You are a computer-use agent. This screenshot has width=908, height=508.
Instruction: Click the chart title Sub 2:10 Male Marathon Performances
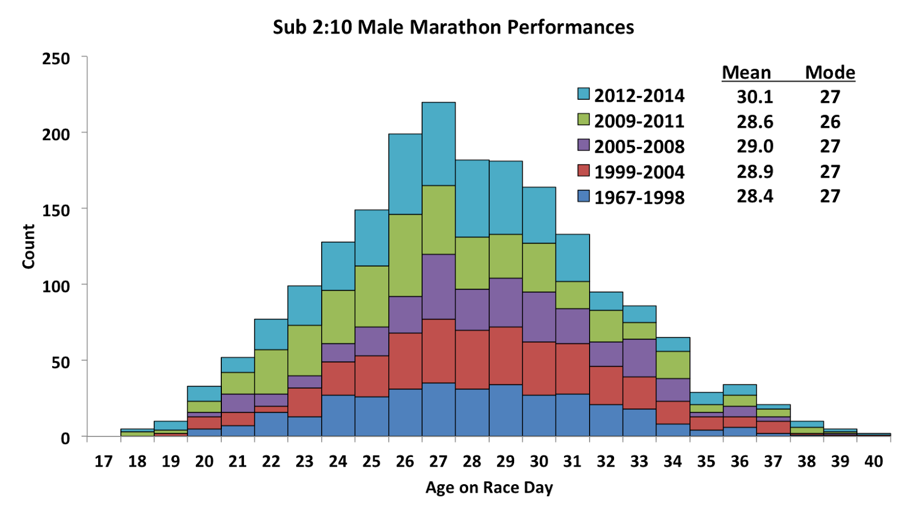453,27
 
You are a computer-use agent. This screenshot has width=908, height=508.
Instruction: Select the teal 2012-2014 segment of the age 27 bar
439,144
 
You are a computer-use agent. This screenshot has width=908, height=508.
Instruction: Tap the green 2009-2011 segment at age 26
405,255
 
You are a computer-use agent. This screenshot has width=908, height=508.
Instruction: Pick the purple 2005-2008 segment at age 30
539,317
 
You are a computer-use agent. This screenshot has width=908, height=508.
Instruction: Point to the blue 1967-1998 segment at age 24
338,415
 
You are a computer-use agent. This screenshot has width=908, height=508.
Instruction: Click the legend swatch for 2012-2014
583,94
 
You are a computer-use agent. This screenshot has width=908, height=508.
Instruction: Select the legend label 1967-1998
639,198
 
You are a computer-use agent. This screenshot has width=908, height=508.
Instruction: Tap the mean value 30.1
755,96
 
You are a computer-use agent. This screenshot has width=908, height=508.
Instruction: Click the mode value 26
830,121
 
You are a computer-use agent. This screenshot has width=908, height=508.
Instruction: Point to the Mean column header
746,73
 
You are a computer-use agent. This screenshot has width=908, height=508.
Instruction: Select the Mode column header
830,73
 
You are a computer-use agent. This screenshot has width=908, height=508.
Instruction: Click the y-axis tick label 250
56,58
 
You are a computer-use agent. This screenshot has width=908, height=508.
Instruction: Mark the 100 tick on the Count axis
56,286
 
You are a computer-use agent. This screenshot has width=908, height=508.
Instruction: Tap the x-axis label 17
103,461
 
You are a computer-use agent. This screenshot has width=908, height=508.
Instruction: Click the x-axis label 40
873,461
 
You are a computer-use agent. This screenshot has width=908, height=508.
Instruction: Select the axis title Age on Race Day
489,488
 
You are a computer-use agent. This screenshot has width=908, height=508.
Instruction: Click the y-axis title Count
28,246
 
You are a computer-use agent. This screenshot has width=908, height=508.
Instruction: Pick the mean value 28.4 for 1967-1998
755,196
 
